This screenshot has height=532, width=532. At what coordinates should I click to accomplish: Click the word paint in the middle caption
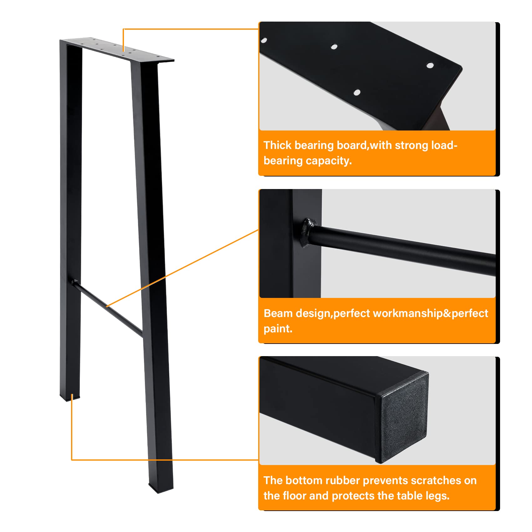click(277, 329)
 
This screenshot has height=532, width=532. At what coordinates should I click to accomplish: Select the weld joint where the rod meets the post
click(308, 232)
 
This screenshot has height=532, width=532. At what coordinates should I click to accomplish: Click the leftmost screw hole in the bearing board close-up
click(264, 40)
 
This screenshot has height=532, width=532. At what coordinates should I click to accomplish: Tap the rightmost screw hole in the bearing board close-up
click(430, 65)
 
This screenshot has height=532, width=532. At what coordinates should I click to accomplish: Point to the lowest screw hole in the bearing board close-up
click(356, 92)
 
